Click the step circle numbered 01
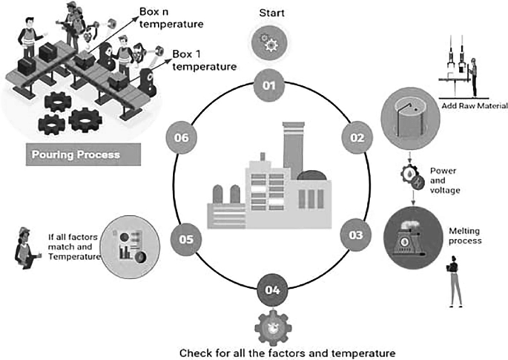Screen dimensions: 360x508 [x=268, y=85]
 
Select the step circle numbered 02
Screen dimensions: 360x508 [x=357, y=137]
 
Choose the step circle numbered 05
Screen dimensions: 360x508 [x=185, y=239]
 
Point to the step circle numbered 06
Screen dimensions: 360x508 [x=180, y=137]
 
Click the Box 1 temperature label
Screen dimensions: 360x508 [x=204, y=60]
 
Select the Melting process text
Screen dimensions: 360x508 [x=466, y=236]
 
